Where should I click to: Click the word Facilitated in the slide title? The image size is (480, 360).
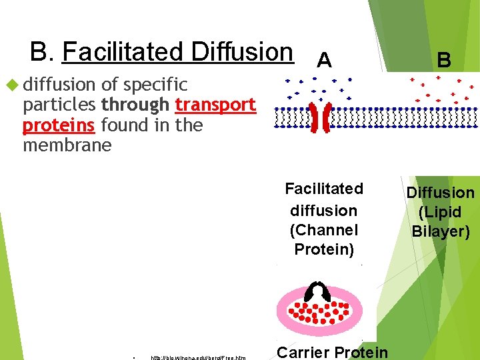tap(123, 51)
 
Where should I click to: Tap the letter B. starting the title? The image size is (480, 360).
tap(43, 51)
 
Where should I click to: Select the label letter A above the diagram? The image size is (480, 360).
tap(324, 61)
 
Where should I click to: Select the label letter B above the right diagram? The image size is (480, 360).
tap(443, 61)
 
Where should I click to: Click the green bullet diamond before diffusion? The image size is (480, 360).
tap(11, 85)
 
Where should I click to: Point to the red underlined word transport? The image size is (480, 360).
tap(215, 105)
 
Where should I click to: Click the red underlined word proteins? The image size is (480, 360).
tap(59, 125)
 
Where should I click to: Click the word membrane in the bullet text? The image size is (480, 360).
tap(67, 145)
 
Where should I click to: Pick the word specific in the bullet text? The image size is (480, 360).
tap(155, 85)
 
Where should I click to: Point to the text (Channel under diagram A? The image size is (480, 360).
tap(323, 230)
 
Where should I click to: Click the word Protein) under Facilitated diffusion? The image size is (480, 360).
tap(323, 249)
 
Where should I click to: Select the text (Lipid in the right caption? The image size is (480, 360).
tap(440, 213)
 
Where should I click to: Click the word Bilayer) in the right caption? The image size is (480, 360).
tap(441, 232)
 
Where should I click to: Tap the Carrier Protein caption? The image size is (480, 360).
tap(332, 352)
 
